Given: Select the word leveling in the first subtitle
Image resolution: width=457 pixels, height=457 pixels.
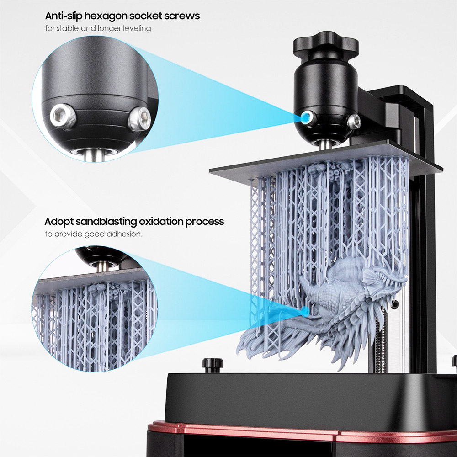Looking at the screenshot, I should point(135,28).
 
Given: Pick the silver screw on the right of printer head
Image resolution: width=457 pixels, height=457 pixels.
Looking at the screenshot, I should point(353,121).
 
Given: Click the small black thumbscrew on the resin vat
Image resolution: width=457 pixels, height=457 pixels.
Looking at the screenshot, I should point(213,364).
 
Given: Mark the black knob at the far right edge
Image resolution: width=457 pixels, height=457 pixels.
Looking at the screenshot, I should point(454,361).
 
